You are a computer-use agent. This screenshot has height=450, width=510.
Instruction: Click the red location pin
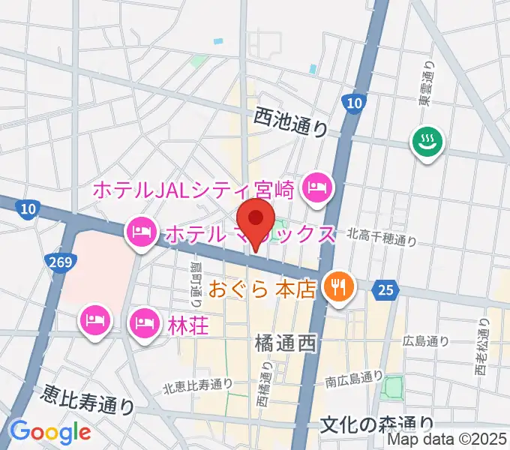(257, 220)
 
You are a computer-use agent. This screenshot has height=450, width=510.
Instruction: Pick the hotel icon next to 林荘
(144, 324)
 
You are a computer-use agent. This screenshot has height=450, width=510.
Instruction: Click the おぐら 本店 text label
(262, 289)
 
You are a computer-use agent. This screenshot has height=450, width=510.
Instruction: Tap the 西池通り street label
(291, 120)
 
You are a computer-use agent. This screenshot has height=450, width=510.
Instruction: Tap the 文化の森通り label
(376, 425)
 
